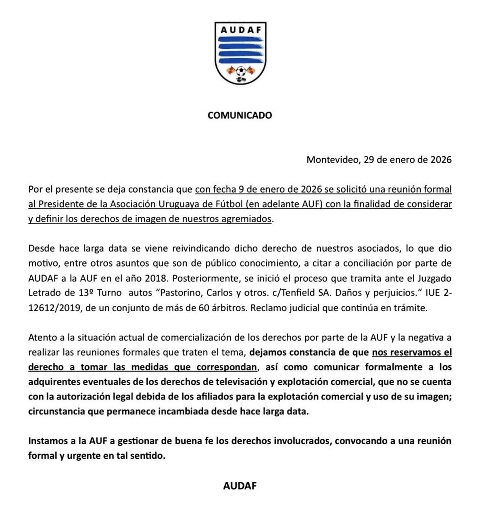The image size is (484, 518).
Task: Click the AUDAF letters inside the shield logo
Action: pos(240,30)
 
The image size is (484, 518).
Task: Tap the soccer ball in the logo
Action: pos(241,72)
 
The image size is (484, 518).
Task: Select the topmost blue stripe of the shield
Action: pos(240,40)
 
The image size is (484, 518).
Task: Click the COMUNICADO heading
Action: pos(240,115)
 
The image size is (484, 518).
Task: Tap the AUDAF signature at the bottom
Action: pos(240,486)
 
